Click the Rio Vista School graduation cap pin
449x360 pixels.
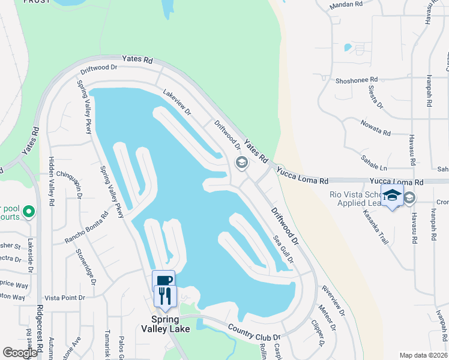point(393,196)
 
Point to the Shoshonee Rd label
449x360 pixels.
point(357,80)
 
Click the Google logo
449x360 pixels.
point(20,353)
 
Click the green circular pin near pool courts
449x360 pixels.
point(28,212)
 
